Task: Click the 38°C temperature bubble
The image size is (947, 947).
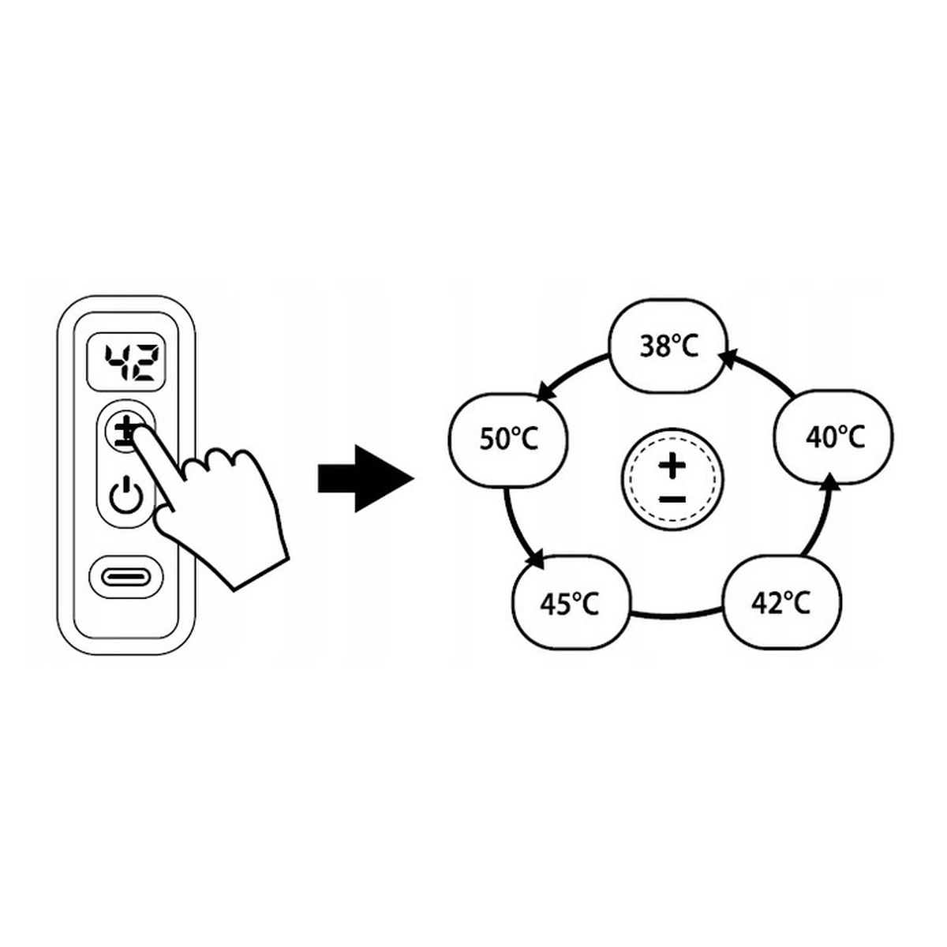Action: click(x=668, y=346)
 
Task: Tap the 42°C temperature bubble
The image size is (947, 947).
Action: click(x=781, y=604)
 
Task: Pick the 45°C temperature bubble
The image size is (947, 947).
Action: click(x=571, y=605)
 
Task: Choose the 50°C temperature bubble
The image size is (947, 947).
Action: click(x=508, y=439)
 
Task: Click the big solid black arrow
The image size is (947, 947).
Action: click(x=365, y=478)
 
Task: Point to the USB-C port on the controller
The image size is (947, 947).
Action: click(x=126, y=576)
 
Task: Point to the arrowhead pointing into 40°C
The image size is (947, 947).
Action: click(x=829, y=482)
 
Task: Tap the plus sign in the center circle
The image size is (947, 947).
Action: click(x=672, y=466)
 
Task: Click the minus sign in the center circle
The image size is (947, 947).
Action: click(x=672, y=499)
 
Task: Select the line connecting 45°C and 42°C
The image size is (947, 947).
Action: click(x=677, y=614)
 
